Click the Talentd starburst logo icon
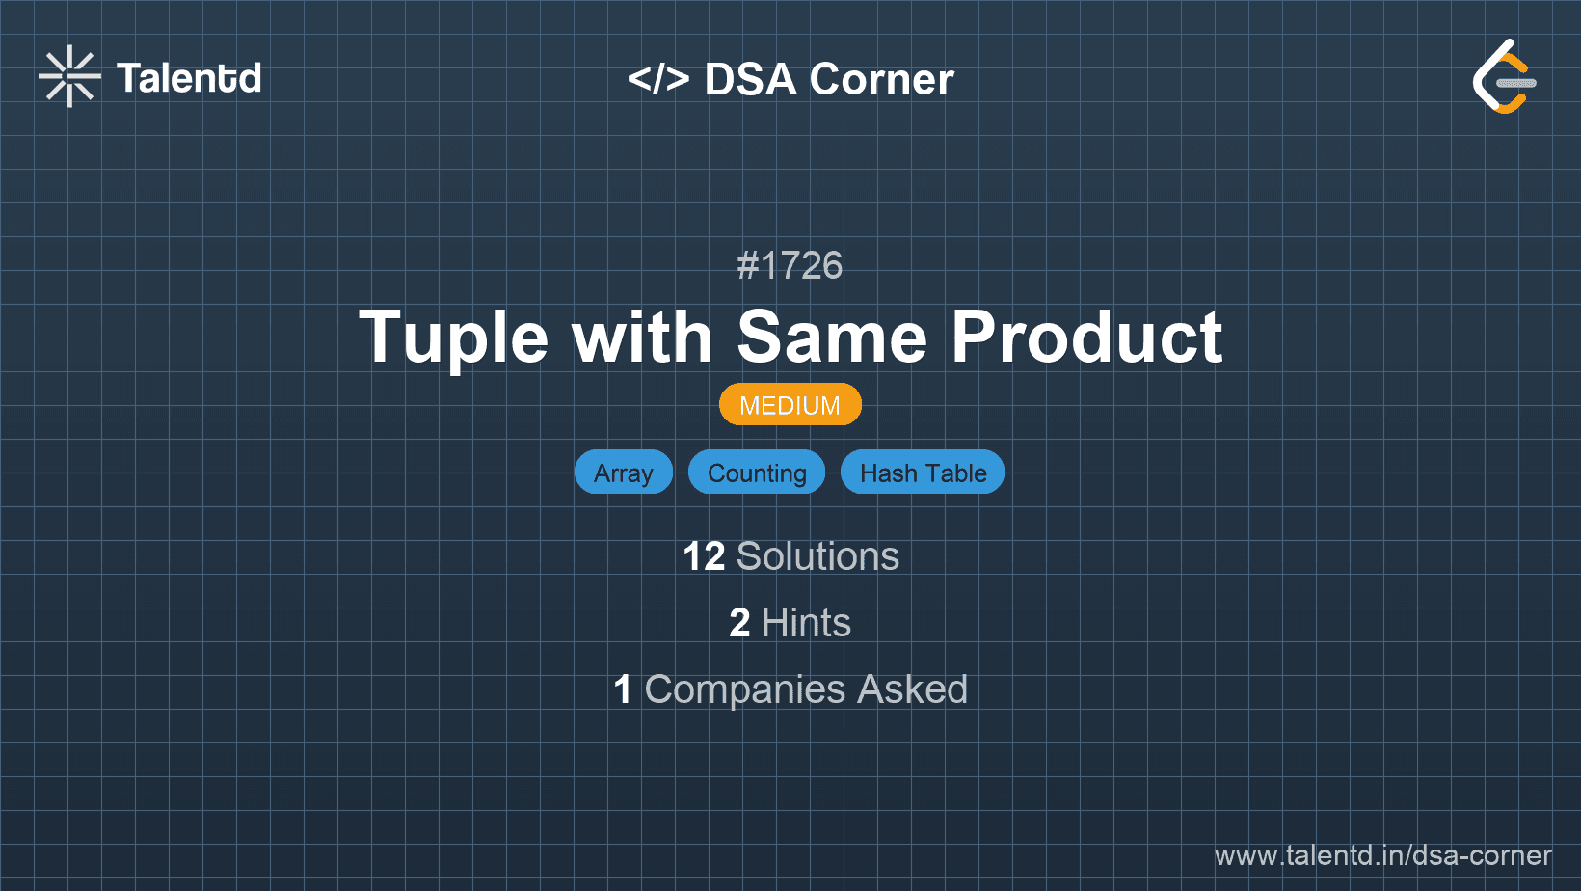[x=69, y=76]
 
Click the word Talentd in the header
[x=189, y=78]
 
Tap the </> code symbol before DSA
[x=657, y=79]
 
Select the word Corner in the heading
[x=881, y=79]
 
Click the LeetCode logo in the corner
[x=1504, y=76]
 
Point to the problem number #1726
[x=790, y=265]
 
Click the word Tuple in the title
[x=453, y=337]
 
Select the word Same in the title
[x=831, y=337]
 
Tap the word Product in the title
[x=1087, y=337]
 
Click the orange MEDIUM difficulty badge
[x=790, y=405]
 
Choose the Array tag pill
[x=623, y=472]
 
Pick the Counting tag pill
[x=757, y=472]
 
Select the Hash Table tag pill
[x=923, y=472]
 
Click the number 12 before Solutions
[x=704, y=556]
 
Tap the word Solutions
[x=818, y=556]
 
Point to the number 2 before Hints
[x=739, y=623]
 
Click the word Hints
[x=806, y=623]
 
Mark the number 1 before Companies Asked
[x=623, y=689]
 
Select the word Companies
[x=744, y=689]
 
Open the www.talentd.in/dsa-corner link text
[x=1382, y=855]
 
